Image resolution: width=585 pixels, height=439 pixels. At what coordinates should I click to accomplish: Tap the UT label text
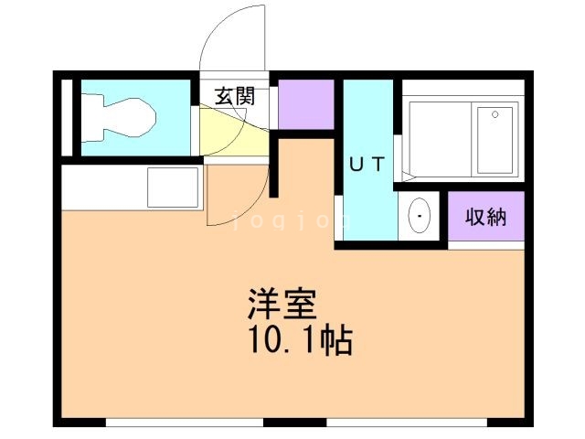pyautogui.click(x=367, y=166)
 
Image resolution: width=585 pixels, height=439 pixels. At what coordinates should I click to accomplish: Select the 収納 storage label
pyautogui.click(x=485, y=218)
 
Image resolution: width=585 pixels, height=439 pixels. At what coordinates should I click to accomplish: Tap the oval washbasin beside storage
pyautogui.click(x=420, y=217)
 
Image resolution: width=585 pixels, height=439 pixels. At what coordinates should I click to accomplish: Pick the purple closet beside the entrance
pyautogui.click(x=306, y=104)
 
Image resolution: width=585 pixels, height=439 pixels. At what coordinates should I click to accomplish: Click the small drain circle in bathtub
pyautogui.click(x=495, y=115)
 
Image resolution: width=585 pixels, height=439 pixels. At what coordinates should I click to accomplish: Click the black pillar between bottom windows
pyautogui.click(x=294, y=422)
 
